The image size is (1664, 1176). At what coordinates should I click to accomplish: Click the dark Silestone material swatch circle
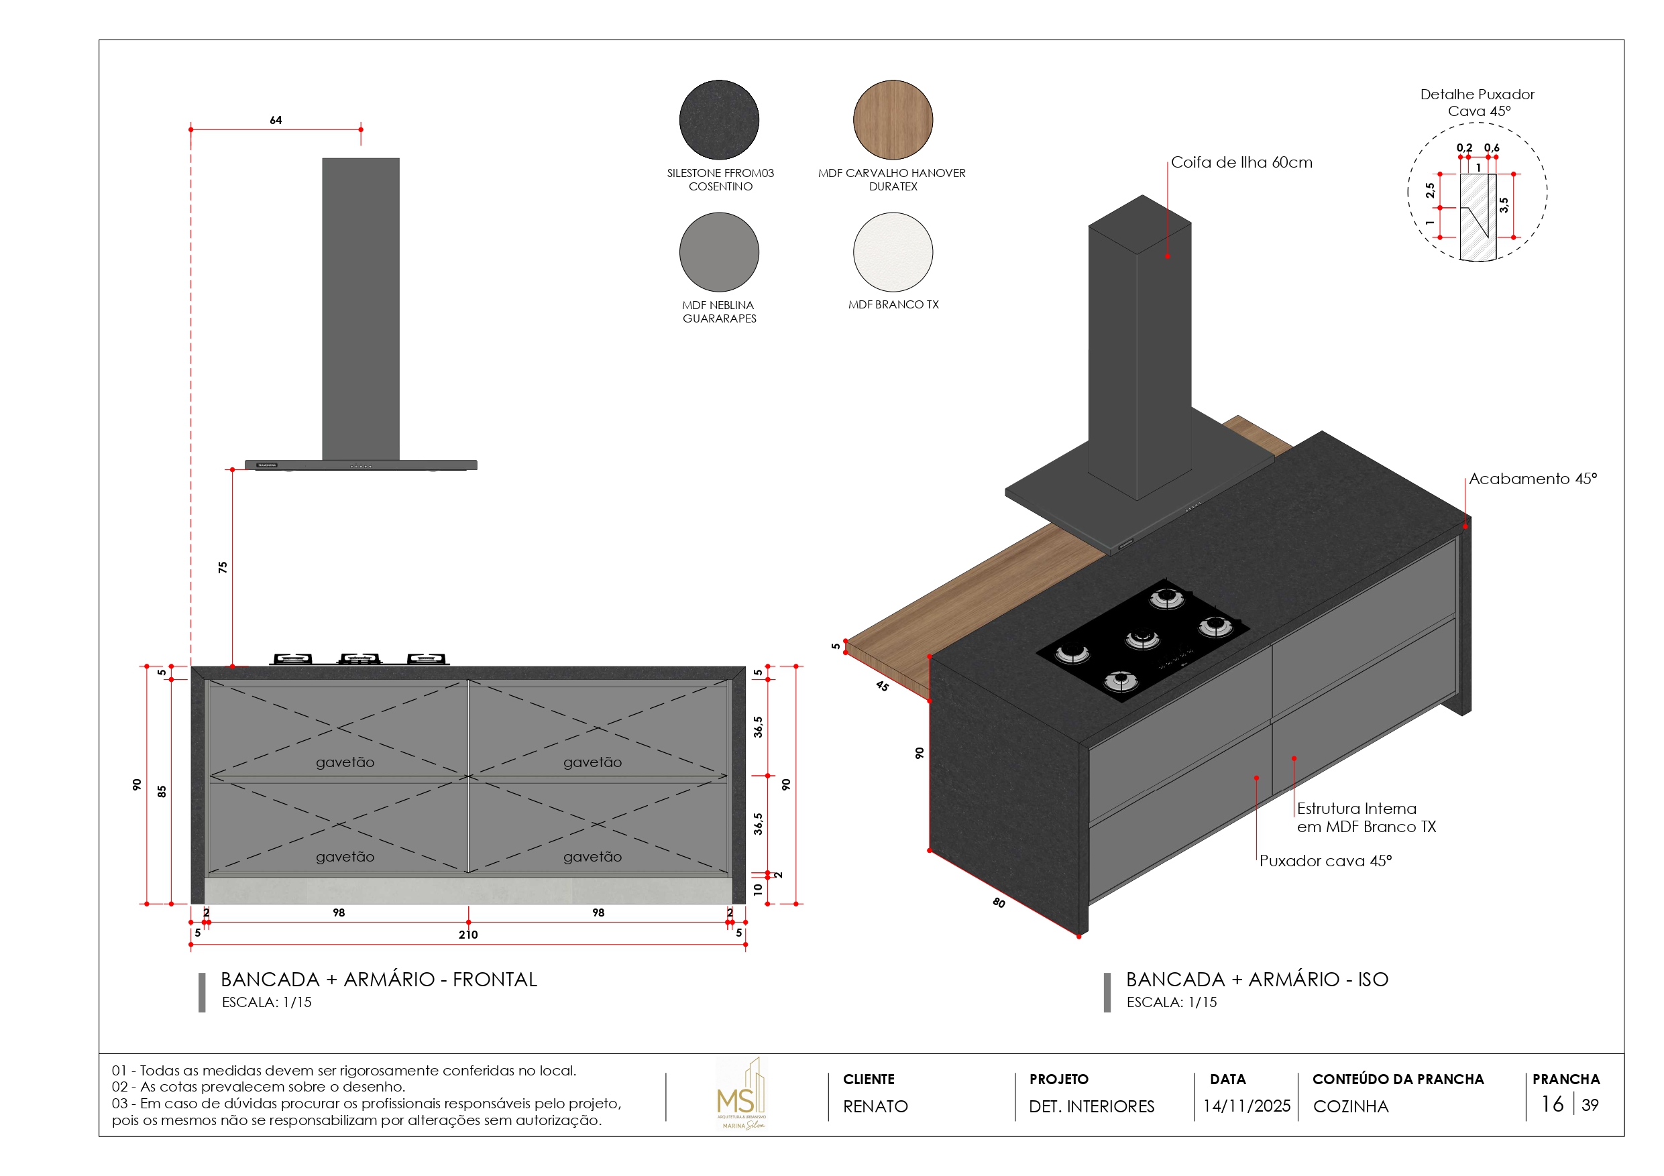click(718, 119)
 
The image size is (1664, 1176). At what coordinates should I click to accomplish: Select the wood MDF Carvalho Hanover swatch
click(892, 119)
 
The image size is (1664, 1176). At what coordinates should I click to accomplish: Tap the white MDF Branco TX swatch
click(892, 251)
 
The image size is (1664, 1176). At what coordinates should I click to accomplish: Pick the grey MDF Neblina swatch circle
click(718, 251)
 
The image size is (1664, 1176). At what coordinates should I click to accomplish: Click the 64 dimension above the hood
click(276, 120)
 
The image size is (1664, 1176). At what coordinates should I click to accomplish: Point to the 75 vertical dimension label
click(223, 567)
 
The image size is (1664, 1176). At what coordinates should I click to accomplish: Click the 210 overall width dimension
click(467, 935)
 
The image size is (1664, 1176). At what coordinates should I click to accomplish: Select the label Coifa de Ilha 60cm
click(1241, 162)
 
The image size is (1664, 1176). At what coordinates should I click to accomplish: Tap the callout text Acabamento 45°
click(1532, 479)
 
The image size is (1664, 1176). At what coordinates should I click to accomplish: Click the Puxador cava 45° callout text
click(1325, 861)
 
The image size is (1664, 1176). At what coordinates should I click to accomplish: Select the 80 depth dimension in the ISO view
click(998, 902)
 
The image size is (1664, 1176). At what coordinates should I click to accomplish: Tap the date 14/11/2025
click(1246, 1106)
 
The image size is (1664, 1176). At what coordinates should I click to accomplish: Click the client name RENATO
click(875, 1106)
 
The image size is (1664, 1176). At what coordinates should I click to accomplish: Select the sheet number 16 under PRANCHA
click(1552, 1104)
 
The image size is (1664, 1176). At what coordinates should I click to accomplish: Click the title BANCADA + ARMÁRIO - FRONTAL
click(378, 980)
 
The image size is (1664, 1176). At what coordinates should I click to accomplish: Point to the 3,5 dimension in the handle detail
click(1504, 205)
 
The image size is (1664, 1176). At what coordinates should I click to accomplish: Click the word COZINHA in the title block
click(1350, 1106)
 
